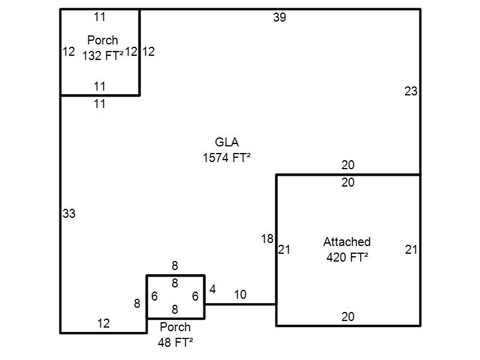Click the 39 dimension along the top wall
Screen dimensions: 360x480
pyautogui.click(x=280, y=17)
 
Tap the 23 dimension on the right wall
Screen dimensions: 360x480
pyautogui.click(x=411, y=92)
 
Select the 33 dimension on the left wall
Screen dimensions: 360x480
pyautogui.click(x=69, y=214)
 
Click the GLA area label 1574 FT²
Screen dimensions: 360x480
pyautogui.click(x=227, y=158)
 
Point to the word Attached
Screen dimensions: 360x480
pyautogui.click(x=347, y=242)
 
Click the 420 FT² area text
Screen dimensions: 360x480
pyautogui.click(x=347, y=257)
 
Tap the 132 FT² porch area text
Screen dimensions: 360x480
pyautogui.click(x=103, y=55)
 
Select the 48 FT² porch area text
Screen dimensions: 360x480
pyautogui.click(x=175, y=343)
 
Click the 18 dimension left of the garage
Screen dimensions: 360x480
pyautogui.click(x=267, y=239)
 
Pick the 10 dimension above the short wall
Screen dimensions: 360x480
pyautogui.click(x=240, y=295)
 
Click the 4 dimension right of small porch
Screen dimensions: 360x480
pyautogui.click(x=212, y=290)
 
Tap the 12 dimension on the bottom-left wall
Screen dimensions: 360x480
pyautogui.click(x=104, y=323)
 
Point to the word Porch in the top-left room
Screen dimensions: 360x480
pyautogui.click(x=103, y=40)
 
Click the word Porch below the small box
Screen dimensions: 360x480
pyautogui.click(x=175, y=327)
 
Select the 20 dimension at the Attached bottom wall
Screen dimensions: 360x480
pyautogui.click(x=348, y=317)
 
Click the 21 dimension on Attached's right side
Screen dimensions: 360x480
pyautogui.click(x=411, y=250)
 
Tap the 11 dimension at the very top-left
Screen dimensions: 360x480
pyautogui.click(x=100, y=17)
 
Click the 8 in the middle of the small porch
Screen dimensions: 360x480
pyautogui.click(x=175, y=283)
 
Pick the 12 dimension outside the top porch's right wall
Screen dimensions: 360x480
pyautogui.click(x=149, y=52)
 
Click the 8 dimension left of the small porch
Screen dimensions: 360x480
pyautogui.click(x=137, y=304)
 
